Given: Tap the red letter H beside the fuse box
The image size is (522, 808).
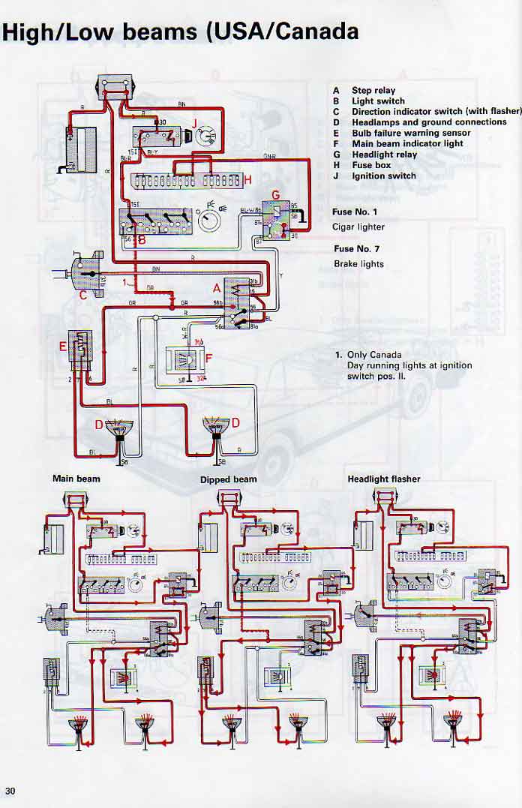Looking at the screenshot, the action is click(247, 179).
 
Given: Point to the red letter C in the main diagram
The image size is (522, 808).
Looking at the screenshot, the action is click(84, 295).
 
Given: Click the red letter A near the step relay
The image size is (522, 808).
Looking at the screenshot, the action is click(217, 288).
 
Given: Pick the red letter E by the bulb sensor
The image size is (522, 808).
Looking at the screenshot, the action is click(64, 347).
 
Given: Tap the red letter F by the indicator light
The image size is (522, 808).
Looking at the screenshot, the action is click(209, 358).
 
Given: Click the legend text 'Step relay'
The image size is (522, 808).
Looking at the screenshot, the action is click(373, 90).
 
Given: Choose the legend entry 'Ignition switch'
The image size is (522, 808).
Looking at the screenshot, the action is click(385, 176).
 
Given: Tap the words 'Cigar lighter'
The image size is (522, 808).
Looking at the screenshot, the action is click(358, 227).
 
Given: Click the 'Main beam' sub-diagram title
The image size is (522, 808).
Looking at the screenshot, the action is click(76, 478).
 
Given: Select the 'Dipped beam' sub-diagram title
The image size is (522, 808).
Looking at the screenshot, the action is click(228, 479).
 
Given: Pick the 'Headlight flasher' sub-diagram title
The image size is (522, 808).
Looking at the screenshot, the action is click(384, 479).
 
